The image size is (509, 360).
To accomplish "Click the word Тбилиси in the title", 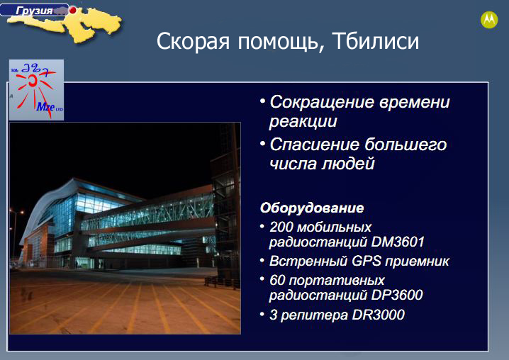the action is (376, 41).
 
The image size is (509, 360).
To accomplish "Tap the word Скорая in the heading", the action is (193, 41).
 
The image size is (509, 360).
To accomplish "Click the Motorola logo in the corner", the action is (489, 20).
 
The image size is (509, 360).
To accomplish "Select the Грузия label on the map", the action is (34, 11).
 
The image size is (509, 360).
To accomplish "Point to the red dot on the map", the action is (73, 10).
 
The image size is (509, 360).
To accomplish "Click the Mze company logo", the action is (36, 90).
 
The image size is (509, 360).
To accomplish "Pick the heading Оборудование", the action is (312, 208).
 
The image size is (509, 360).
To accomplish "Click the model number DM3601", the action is (397, 242).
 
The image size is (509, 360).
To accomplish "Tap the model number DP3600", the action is (397, 295).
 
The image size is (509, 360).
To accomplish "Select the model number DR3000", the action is (378, 315).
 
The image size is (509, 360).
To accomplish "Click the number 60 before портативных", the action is (277, 280).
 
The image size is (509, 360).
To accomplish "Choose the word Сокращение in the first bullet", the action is (323, 103).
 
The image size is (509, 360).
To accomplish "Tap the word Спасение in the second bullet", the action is (313, 145).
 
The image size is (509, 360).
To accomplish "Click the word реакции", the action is (303, 122).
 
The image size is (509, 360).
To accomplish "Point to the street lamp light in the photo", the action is (22, 213).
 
